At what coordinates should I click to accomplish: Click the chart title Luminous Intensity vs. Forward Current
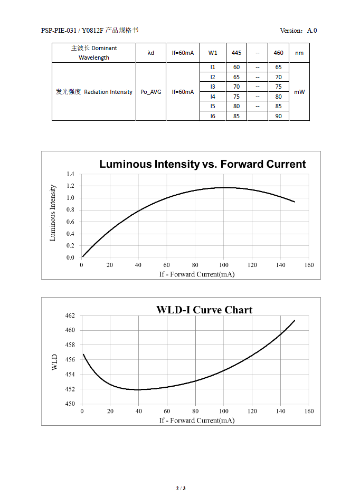coord(202,164)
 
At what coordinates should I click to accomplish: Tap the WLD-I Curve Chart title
coord(204,310)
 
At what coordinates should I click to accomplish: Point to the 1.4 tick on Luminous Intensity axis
coord(70,174)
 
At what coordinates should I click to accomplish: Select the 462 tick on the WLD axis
coord(70,316)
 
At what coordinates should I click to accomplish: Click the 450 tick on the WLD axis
coord(70,404)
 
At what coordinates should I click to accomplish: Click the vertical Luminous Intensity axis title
coord(53,213)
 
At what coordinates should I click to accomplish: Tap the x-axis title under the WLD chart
coord(197,420)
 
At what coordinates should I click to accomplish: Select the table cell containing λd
coord(151,53)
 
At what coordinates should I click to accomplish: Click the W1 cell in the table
coord(213,53)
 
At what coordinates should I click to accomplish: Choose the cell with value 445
coord(236,53)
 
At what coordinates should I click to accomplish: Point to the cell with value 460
coord(279,53)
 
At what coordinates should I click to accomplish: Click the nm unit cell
coord(299,53)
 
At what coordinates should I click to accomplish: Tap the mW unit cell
coord(299,92)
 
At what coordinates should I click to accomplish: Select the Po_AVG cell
coord(151,92)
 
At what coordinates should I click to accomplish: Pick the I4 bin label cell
coord(213,97)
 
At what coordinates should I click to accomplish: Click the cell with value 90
coord(279,116)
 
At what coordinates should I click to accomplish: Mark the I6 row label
coord(213,116)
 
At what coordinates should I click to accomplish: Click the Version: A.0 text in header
coord(298,31)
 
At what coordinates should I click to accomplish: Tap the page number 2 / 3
coord(181,488)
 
